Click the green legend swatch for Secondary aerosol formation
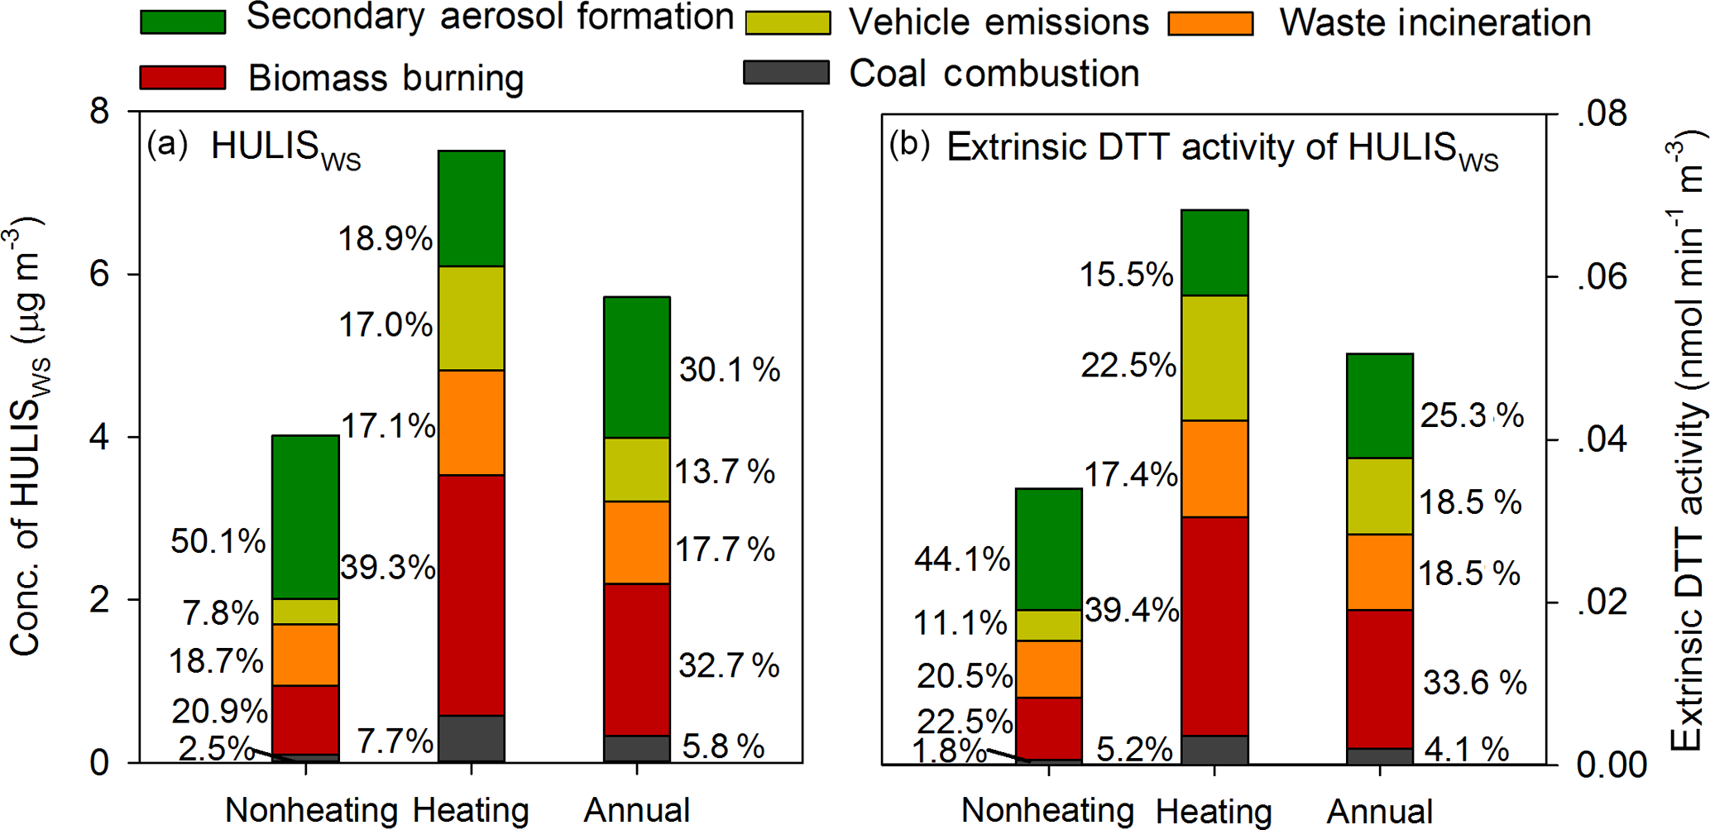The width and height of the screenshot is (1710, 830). coord(183,22)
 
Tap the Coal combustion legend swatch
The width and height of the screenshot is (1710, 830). coord(786,73)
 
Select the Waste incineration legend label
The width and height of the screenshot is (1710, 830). coord(1435,22)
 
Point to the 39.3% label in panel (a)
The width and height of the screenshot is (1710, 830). coord(387,568)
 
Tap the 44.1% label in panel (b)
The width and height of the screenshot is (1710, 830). coord(962,560)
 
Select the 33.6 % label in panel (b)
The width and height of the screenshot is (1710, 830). coord(1474,683)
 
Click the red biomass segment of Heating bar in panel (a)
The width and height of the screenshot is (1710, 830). coord(471,594)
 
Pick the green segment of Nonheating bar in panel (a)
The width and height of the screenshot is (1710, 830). coord(305,516)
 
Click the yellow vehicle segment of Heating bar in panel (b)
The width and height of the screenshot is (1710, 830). coord(1214,357)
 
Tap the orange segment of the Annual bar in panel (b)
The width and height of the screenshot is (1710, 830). coord(1380,572)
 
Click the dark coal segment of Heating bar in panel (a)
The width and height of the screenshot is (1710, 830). coord(471,738)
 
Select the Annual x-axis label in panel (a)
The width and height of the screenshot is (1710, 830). coord(636,810)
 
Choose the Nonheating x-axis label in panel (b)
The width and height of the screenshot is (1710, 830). coord(1047,810)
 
